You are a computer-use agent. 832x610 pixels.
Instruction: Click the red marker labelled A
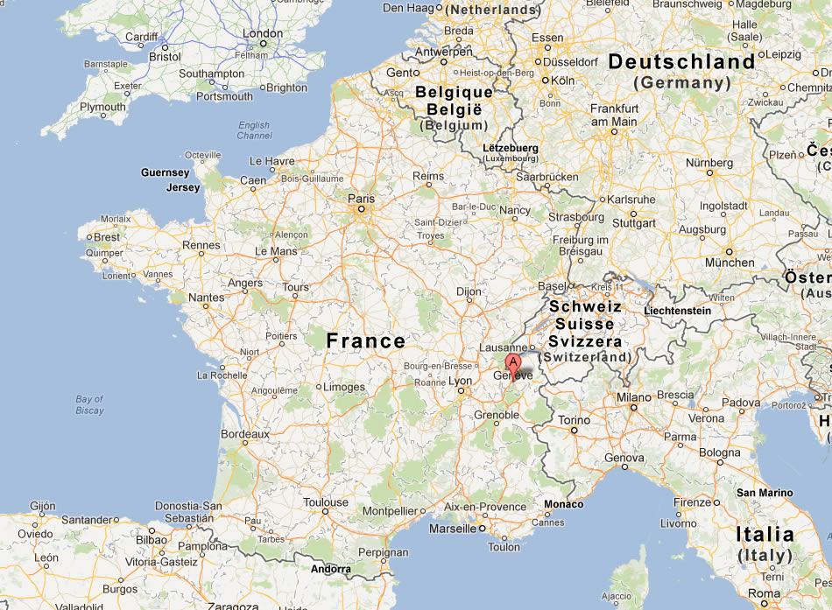tap(512, 363)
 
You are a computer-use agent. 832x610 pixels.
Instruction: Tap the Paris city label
tap(361, 199)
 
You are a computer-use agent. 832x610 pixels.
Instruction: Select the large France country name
tap(366, 341)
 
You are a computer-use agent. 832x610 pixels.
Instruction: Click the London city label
tap(263, 34)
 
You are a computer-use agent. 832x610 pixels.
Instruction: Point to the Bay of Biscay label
tap(89, 404)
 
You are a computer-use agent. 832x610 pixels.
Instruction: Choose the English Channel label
tap(254, 130)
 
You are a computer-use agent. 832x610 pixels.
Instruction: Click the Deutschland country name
tap(681, 62)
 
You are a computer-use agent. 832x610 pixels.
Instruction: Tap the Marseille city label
tap(452, 529)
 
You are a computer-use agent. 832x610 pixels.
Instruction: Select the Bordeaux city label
tap(245, 433)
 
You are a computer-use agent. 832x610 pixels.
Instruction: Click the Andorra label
tap(331, 569)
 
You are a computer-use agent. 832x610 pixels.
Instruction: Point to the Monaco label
tap(563, 504)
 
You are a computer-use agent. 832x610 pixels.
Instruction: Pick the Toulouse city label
tap(326, 503)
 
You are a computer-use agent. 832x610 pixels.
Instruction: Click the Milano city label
tap(633, 396)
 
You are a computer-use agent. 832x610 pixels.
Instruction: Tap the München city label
tap(730, 262)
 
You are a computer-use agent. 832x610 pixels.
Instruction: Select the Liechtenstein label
tap(676, 311)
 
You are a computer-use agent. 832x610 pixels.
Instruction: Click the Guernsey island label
tap(166, 172)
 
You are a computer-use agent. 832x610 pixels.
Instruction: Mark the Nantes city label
tap(206, 298)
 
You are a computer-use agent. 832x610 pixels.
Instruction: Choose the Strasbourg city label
tap(576, 216)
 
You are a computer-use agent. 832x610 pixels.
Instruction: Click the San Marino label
tap(765, 493)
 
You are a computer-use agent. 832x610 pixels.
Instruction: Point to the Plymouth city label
tap(102, 107)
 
